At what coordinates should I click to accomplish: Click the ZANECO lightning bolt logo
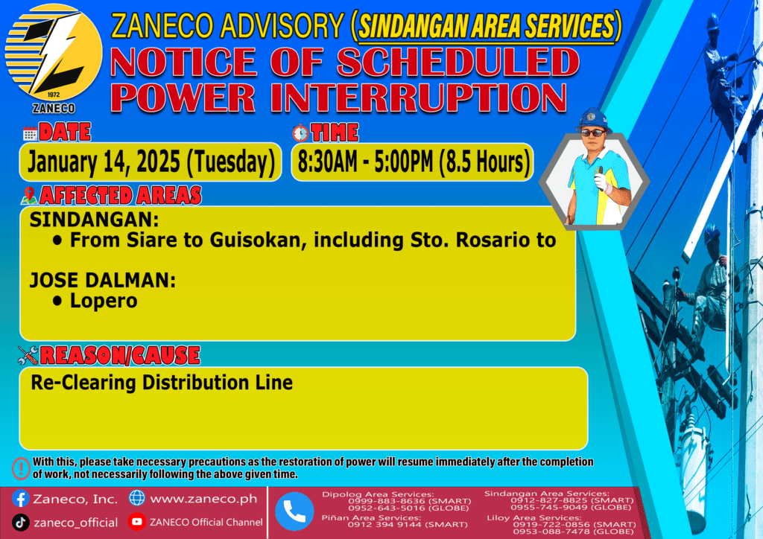point(54,53)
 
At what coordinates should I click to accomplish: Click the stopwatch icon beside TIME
point(301,133)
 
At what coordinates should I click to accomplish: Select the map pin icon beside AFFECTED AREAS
point(29,195)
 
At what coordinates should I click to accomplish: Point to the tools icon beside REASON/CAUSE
point(28,355)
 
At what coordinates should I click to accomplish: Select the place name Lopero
point(104,302)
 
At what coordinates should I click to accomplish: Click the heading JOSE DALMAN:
point(103,281)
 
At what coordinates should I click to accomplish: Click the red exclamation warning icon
point(21,468)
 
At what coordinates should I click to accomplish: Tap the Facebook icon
point(20,499)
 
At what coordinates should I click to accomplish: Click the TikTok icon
point(20,523)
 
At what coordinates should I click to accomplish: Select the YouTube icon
point(137,521)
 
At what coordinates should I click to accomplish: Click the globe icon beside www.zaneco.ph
point(137,498)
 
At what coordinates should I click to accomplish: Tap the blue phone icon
point(294,511)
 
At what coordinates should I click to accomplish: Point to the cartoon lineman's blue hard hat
point(593,119)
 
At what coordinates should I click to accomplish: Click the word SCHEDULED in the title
point(458,62)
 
